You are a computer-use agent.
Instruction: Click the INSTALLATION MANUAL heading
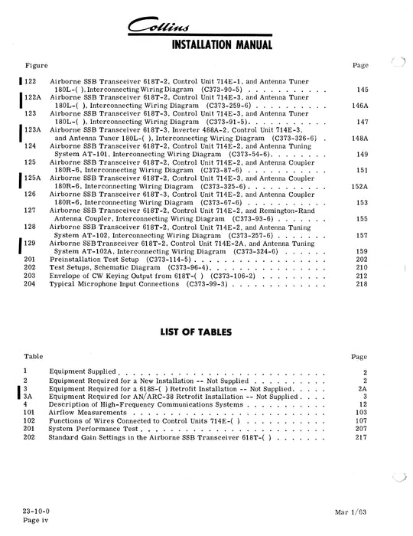[x=206, y=45]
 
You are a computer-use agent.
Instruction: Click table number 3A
[x=28, y=397]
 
